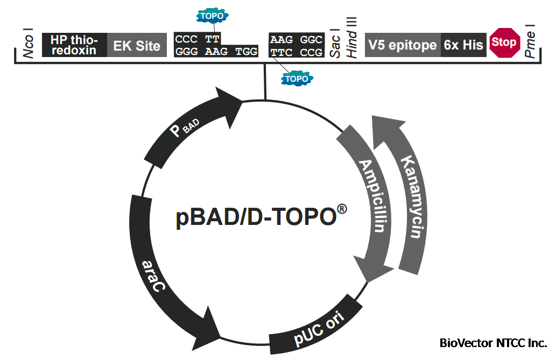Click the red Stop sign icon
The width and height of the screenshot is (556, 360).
pyautogui.click(x=504, y=42)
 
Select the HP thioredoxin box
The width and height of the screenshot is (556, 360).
pyautogui.click(x=74, y=45)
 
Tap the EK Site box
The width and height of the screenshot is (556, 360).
pyautogui.click(x=137, y=45)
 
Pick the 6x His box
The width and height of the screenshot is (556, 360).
pyautogui.click(x=463, y=45)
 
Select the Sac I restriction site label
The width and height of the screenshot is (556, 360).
pyautogui.click(x=334, y=43)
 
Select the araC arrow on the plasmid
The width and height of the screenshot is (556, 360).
pyautogui.click(x=156, y=269)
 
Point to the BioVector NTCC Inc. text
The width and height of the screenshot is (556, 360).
pyautogui.click(x=493, y=343)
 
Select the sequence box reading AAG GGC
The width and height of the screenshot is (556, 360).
pyautogui.click(x=296, y=40)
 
